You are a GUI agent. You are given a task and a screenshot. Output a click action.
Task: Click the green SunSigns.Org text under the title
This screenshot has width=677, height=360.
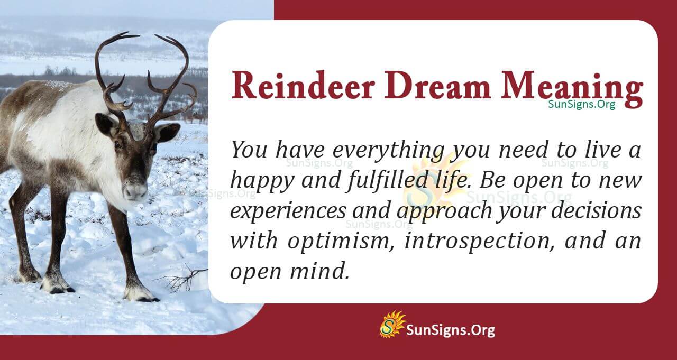tap(581, 105)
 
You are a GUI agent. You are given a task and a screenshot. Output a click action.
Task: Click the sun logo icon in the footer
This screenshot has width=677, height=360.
tap(392, 324)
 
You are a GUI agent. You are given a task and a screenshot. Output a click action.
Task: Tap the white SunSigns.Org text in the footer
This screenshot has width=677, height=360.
tap(450, 330)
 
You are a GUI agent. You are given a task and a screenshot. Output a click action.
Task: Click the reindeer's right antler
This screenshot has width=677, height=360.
tap(172, 79)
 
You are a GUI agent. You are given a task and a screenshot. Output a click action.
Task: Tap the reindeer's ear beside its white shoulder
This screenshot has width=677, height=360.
tap(106, 124)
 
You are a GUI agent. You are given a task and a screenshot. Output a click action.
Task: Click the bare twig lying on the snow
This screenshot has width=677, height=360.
tap(182, 279)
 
